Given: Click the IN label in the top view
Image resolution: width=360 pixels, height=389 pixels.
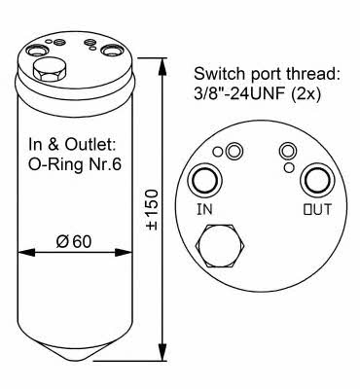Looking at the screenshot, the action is pyautogui.click(x=204, y=209).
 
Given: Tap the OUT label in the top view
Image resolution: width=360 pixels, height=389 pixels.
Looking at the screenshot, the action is pyautogui.click(x=317, y=209).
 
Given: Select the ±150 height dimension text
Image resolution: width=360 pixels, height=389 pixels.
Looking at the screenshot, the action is pyautogui.click(x=152, y=210).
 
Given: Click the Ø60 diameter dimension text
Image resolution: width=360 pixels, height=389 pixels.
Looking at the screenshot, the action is pyautogui.click(x=74, y=241).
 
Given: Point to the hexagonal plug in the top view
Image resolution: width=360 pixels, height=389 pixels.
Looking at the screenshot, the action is pyautogui.click(x=220, y=246).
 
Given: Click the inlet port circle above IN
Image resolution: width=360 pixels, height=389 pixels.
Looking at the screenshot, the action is pyautogui.click(x=205, y=180).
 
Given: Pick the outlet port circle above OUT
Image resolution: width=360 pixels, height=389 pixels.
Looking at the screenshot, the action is pyautogui.click(x=317, y=181).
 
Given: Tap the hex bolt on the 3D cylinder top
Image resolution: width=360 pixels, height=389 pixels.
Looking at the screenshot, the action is pyautogui.click(x=50, y=71).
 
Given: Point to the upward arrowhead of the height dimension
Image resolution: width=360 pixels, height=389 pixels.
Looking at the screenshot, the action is pyautogui.click(x=162, y=66).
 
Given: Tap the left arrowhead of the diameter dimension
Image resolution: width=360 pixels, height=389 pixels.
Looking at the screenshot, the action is pyautogui.click(x=26, y=253).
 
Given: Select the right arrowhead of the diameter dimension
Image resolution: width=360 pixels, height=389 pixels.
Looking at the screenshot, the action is pyautogui.click(x=124, y=253).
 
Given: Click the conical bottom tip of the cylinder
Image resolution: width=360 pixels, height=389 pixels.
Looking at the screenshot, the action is pyautogui.click(x=75, y=360).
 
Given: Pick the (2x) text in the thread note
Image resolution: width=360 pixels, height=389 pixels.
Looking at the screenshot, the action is pyautogui.click(x=305, y=95).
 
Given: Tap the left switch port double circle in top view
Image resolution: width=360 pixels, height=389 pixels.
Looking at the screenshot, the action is pyautogui.click(x=234, y=151).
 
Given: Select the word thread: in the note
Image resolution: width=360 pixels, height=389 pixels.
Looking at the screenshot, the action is pyautogui.click(x=313, y=74).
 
